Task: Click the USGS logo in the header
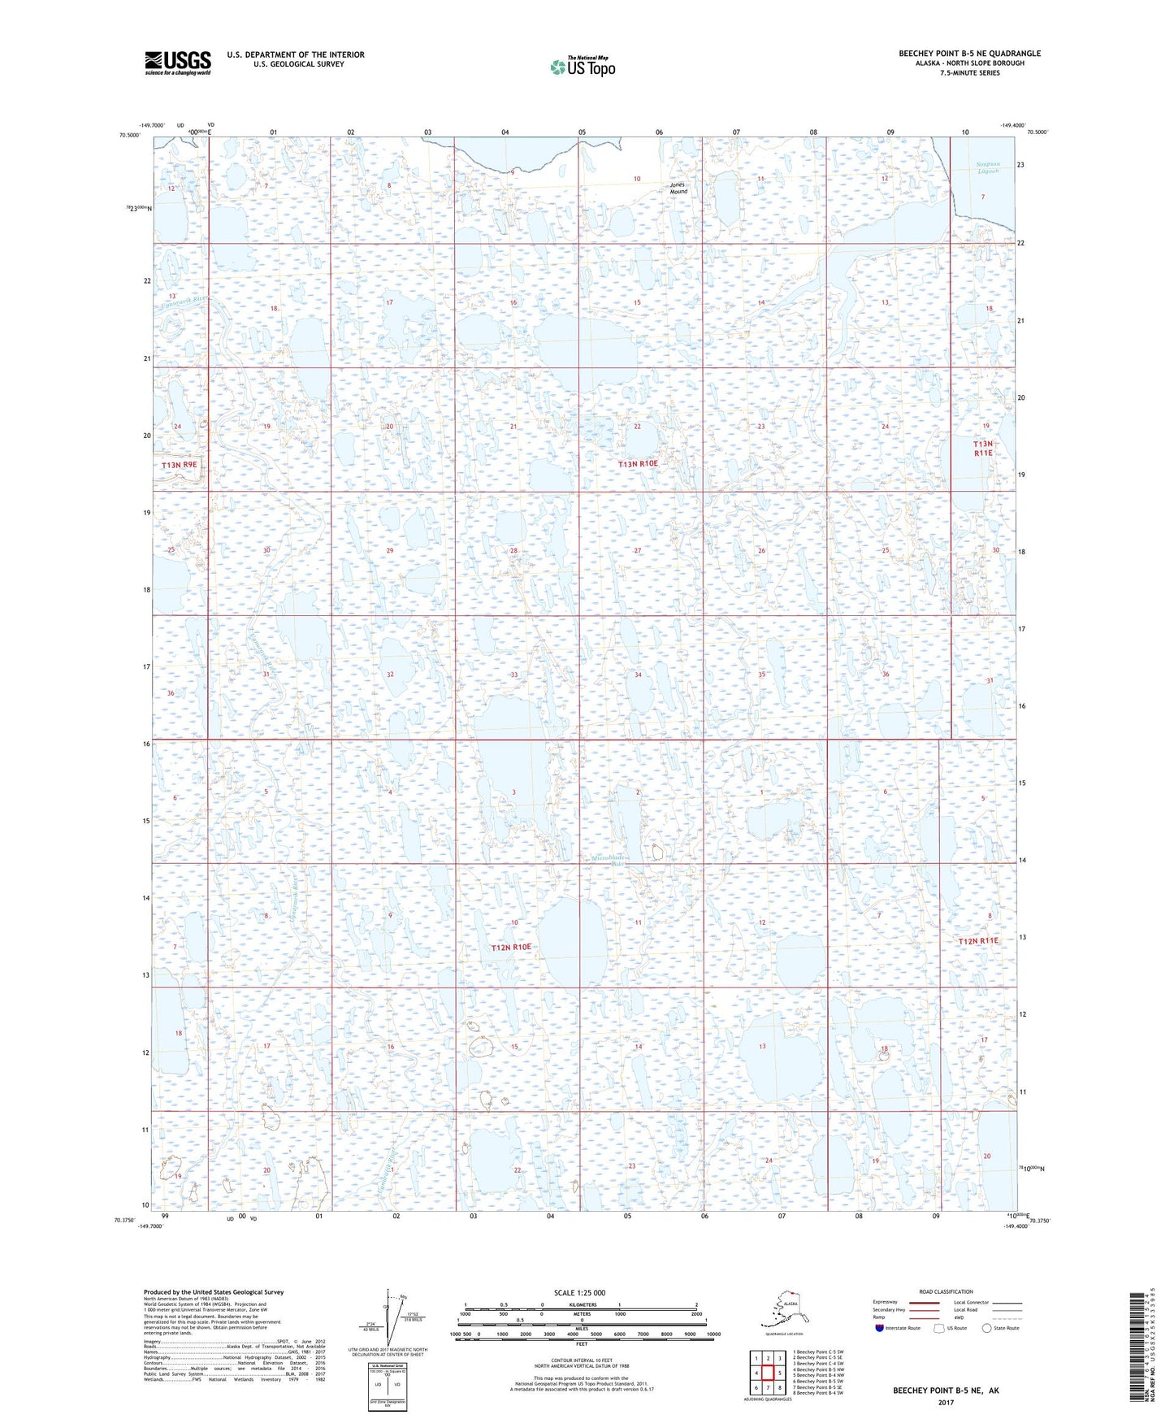[177, 63]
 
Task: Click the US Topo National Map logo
[582, 66]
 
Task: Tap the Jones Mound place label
[678, 188]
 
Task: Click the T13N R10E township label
[638, 464]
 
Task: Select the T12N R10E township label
[511, 948]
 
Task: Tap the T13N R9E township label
[180, 465]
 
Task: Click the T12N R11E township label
[978, 941]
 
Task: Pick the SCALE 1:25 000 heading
[579, 1293]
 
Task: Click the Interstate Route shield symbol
[880, 1328]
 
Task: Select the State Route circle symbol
[987, 1328]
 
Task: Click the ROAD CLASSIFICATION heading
[946, 1292]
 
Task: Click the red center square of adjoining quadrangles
[768, 1373]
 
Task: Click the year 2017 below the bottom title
[946, 1402]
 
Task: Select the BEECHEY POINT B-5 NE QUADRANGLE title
[969, 54]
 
